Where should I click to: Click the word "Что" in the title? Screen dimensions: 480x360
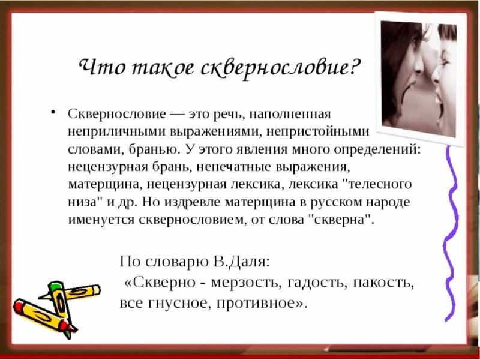(x=101, y=66)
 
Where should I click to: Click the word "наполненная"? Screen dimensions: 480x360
(x=290, y=114)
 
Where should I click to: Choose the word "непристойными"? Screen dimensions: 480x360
(x=318, y=132)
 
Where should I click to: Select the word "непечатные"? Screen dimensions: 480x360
(x=233, y=167)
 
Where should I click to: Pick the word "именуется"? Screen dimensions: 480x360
(x=101, y=220)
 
